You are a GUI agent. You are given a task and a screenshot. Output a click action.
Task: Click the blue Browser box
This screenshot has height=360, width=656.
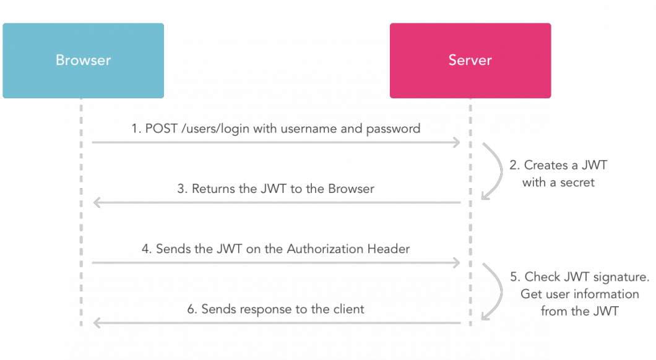coord(84,61)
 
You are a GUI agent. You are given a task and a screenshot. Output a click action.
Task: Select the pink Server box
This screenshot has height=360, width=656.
coord(470,61)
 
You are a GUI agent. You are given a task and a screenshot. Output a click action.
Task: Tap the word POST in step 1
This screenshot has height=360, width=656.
coord(162,129)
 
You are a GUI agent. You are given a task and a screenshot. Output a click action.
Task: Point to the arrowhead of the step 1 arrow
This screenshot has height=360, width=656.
coord(457,143)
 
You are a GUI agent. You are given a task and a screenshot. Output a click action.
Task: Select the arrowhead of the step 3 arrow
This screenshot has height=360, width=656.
coord(97,203)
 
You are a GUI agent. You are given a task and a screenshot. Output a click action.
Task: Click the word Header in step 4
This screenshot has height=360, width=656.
coord(389,249)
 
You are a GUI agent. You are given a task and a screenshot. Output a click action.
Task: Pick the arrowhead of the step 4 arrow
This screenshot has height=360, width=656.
coord(457,263)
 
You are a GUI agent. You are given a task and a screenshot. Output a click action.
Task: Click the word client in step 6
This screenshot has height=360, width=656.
coord(349,309)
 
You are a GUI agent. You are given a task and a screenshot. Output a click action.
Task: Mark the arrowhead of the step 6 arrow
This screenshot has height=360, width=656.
coord(97,324)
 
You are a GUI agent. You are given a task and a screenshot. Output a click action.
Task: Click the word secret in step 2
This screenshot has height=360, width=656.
coord(577,182)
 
